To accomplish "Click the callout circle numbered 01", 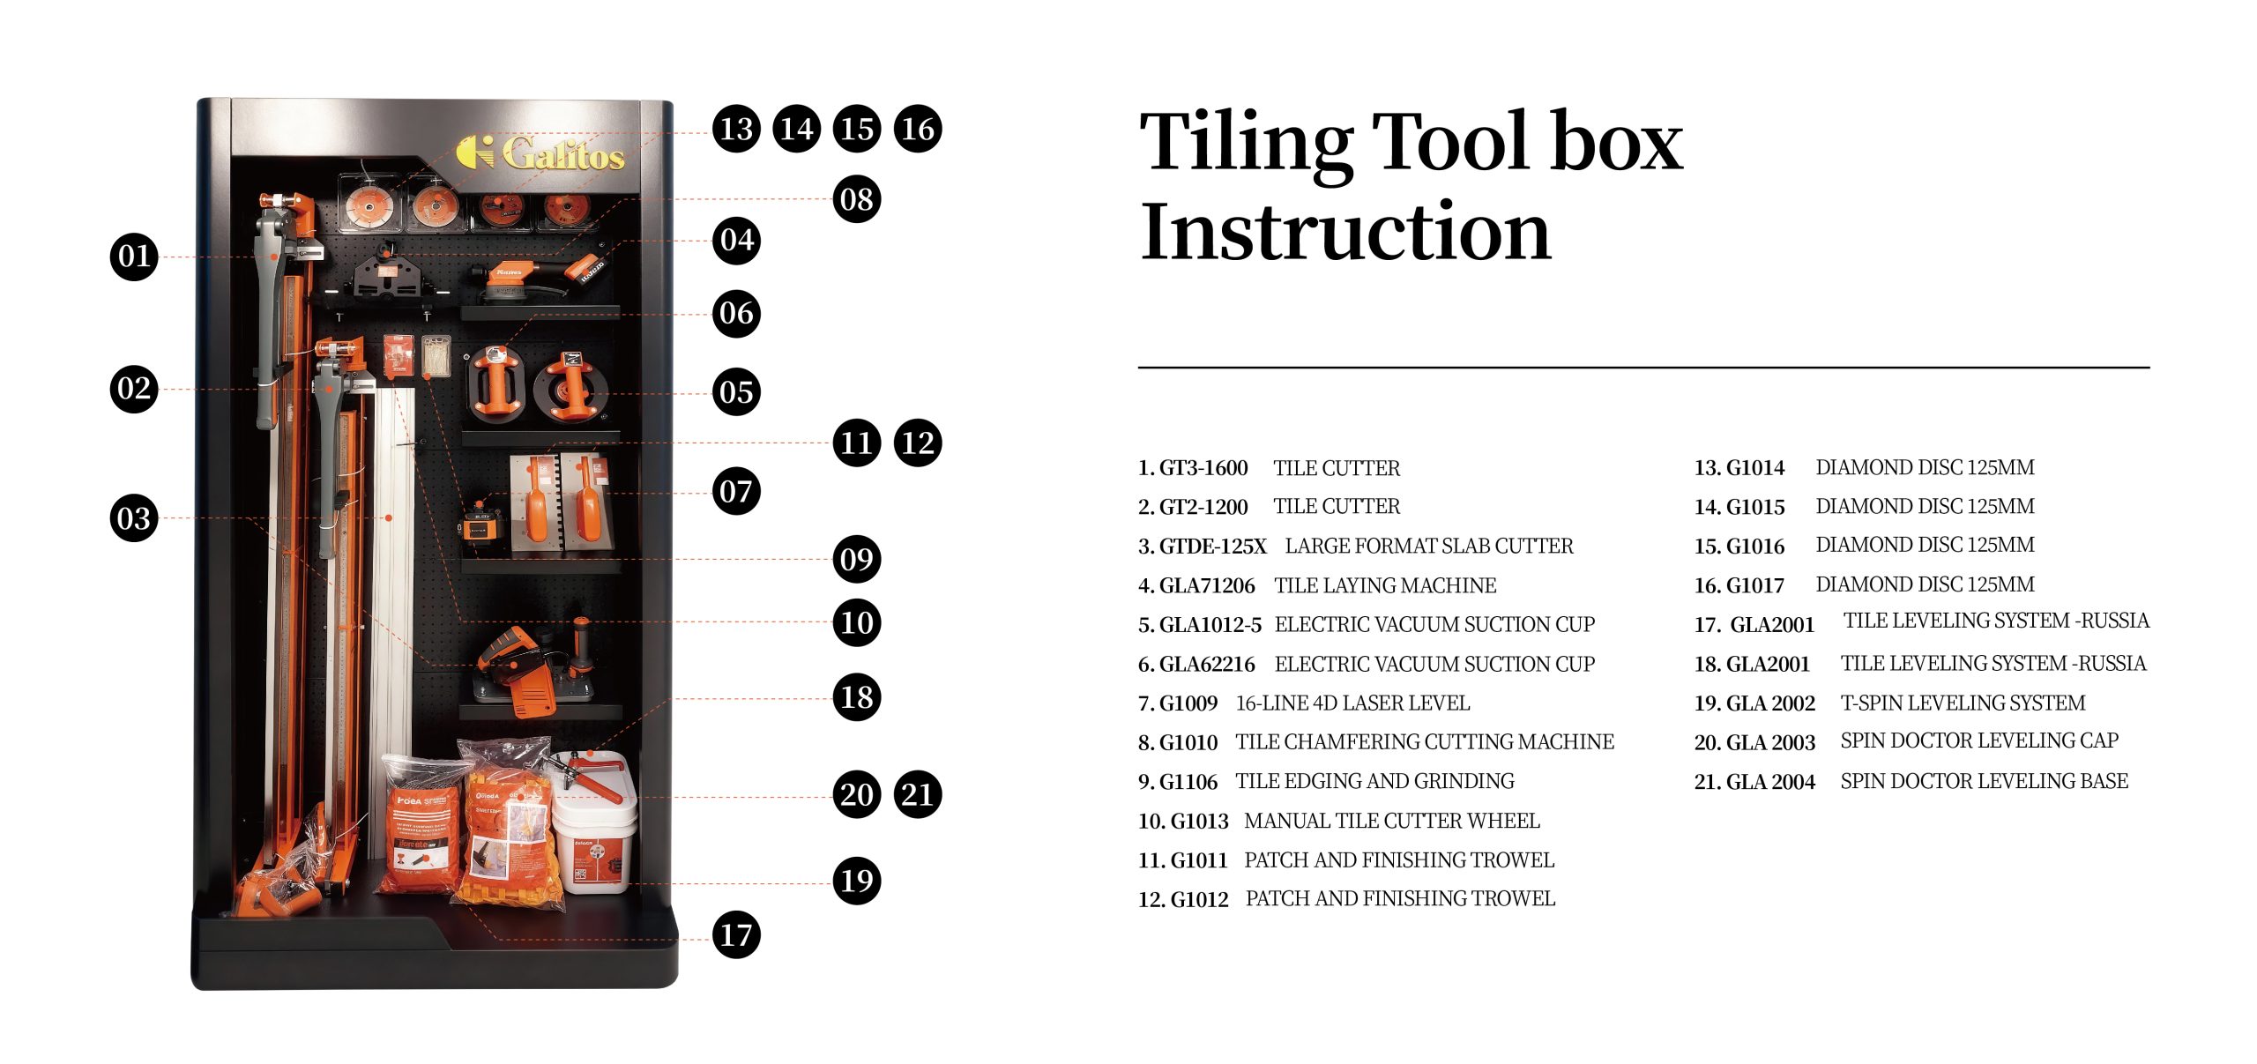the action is (x=134, y=257).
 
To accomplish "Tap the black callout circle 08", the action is (x=857, y=199).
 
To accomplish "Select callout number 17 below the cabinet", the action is (x=736, y=934).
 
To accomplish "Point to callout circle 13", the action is (x=736, y=129).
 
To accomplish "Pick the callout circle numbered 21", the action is (x=918, y=794).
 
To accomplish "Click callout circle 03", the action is (x=134, y=517).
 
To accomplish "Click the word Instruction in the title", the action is (x=1345, y=231).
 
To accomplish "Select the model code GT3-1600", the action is (x=1203, y=468).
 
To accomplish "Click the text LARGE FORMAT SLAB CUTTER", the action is (x=1429, y=546).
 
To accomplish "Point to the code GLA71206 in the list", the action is (x=1207, y=585).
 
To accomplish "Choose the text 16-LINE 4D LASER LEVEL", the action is (x=1352, y=703).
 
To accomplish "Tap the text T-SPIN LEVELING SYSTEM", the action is (x=1963, y=703).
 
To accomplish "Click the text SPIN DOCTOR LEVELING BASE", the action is (x=1984, y=781).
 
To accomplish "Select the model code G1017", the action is (x=1754, y=585).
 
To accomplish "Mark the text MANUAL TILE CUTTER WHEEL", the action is (x=1392, y=821).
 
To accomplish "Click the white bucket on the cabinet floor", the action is (x=592, y=833).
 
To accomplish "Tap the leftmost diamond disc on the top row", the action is (x=369, y=205).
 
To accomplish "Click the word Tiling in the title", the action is (x=1247, y=143).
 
